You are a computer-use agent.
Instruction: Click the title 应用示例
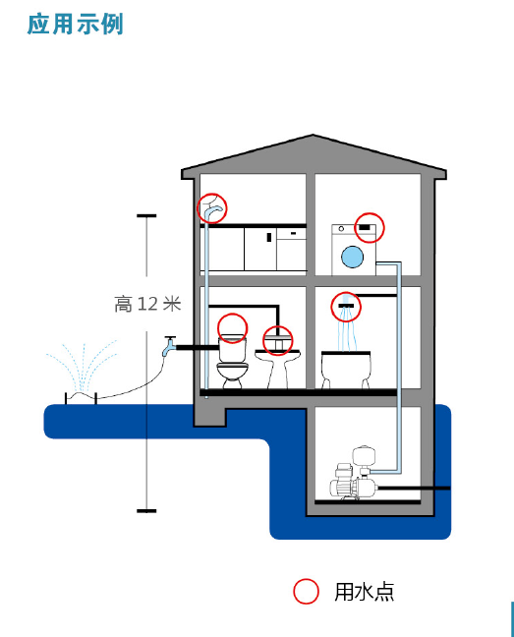click(75, 24)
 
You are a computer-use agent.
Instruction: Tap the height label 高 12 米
click(147, 304)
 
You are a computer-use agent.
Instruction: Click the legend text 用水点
click(365, 592)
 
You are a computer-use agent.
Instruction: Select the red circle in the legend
click(306, 592)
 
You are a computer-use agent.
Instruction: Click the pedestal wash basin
click(278, 366)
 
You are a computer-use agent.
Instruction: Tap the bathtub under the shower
click(346, 369)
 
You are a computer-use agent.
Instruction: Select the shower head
click(346, 306)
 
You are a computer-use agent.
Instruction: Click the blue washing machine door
click(353, 257)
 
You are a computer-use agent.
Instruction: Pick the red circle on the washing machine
click(370, 227)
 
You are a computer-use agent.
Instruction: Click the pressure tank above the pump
click(364, 457)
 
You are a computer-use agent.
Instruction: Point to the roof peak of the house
click(314, 135)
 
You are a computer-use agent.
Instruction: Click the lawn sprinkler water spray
click(82, 366)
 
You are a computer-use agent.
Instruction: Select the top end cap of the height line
click(146, 215)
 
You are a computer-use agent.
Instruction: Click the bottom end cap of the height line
click(146, 510)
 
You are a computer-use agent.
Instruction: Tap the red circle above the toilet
click(232, 328)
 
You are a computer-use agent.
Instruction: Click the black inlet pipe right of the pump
click(414, 488)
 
